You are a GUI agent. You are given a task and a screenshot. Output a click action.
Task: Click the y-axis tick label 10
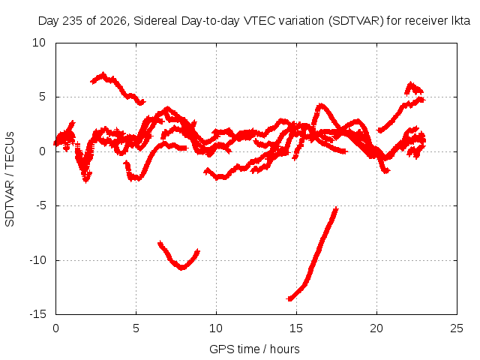click(x=39, y=43)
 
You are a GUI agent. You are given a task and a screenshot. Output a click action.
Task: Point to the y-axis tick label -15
click(x=38, y=314)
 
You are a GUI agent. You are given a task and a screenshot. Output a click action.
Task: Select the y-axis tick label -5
click(x=41, y=205)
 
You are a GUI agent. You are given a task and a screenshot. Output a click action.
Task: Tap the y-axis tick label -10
click(x=38, y=260)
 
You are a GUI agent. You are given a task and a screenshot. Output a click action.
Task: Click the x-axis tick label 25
click(x=457, y=328)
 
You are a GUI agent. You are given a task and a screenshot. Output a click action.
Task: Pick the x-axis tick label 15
click(x=296, y=328)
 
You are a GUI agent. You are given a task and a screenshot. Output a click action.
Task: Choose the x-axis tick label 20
click(x=376, y=328)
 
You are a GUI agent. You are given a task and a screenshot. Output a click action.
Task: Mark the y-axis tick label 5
click(x=42, y=97)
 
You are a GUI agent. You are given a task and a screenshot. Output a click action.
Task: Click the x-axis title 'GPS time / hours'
click(x=254, y=349)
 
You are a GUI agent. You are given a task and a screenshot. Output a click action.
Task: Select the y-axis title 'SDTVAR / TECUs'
click(x=10, y=179)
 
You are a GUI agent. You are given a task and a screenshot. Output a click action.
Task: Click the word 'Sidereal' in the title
click(x=155, y=21)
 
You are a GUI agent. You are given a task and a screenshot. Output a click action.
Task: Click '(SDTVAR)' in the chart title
click(x=355, y=21)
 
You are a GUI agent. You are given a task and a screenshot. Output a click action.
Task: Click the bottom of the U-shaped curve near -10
click(x=182, y=268)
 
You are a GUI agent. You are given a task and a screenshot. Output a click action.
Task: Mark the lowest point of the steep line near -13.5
click(x=289, y=298)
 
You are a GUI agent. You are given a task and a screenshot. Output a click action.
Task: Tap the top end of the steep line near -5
click(x=337, y=208)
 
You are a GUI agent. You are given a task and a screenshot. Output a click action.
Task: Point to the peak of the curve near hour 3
click(x=103, y=73)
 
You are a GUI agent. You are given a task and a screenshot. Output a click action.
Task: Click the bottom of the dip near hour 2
click(x=86, y=181)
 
